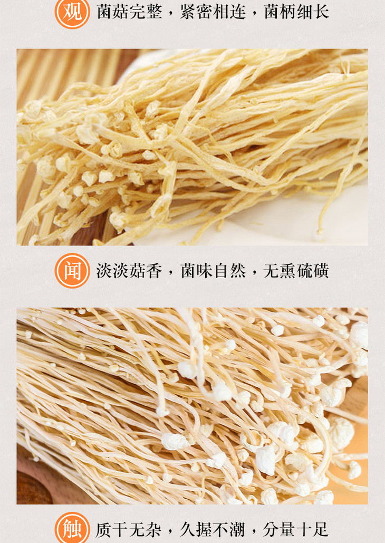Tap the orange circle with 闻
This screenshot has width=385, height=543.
coord(72,271)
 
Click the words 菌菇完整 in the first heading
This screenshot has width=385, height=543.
coord(130,12)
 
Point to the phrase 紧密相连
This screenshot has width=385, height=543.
coord(213,12)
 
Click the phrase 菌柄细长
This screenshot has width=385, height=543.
coord(296,12)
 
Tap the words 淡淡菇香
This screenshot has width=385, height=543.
coord(130,271)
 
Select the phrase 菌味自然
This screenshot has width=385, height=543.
coord(213,271)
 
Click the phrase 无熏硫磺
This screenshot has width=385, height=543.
coord(296,271)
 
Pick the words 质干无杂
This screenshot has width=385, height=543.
coord(129,530)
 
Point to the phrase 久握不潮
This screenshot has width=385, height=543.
coord(212,530)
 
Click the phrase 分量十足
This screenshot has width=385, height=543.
coord(295,530)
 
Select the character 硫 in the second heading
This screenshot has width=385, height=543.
coord(304,271)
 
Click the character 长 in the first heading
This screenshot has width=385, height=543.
coord(321,12)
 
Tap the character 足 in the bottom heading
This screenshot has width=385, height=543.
coord(320,530)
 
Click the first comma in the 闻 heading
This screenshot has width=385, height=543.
coord(170,275)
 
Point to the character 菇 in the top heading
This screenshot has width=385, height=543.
coord(121,12)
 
